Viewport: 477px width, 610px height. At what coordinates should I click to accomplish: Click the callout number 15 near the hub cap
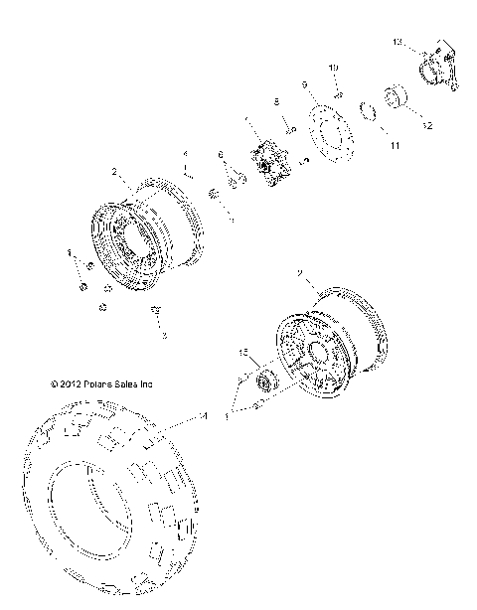242,353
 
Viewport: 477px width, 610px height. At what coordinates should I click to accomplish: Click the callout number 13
396,43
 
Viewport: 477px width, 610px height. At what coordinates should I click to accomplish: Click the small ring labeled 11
365,109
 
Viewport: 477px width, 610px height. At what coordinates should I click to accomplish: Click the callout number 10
334,67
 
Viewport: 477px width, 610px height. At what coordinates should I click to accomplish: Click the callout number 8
276,101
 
